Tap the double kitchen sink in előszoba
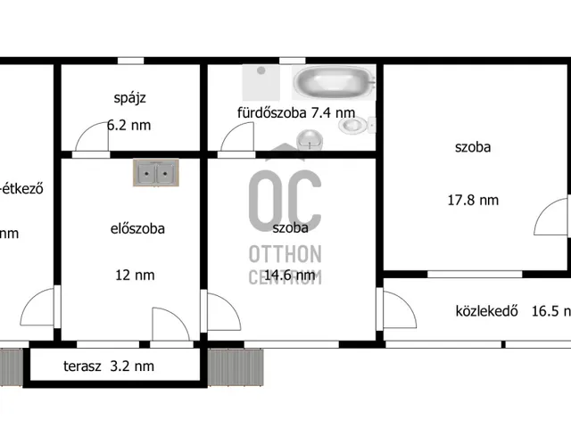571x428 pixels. point(155,173)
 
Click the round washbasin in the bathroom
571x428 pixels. point(310,139)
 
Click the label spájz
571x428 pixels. point(130,97)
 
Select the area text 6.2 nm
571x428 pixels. point(129,125)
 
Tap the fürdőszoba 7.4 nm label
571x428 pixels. point(295,112)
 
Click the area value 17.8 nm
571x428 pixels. point(472,200)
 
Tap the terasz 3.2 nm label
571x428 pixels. point(108,366)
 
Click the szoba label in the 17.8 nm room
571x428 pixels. point(472,147)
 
